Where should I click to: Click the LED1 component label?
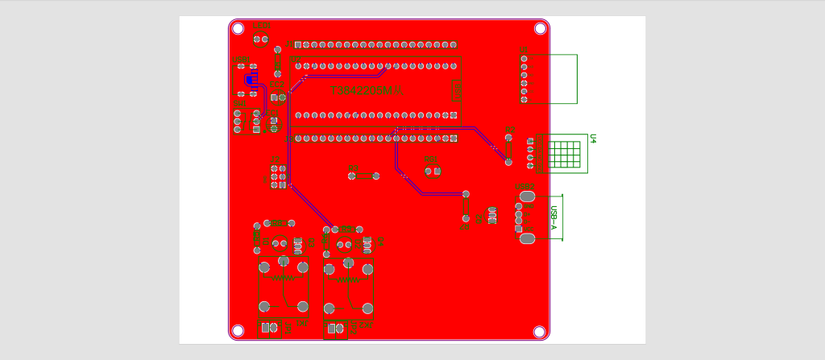pyautogui.click(x=262, y=26)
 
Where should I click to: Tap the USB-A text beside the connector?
pyautogui.click(x=553, y=218)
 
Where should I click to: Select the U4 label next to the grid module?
pyautogui.click(x=592, y=139)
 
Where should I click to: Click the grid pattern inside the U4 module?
pyautogui.click(x=566, y=153)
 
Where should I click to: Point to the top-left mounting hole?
pyautogui.click(x=238, y=28)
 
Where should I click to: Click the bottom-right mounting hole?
pyautogui.click(x=540, y=331)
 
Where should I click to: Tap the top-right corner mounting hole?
pyautogui.click(x=540, y=28)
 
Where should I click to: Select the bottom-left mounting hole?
pyautogui.click(x=238, y=331)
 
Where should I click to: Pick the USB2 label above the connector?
pyautogui.click(x=524, y=187)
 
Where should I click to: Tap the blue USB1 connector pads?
pyautogui.click(x=249, y=79)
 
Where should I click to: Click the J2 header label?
pyautogui.click(x=275, y=159)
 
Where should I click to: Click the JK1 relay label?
pyautogui.click(x=301, y=324)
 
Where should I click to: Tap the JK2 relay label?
pyautogui.click(x=367, y=325)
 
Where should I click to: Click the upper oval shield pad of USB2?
pyautogui.click(x=527, y=197)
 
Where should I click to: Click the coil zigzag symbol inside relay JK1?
pyautogui.click(x=284, y=278)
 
